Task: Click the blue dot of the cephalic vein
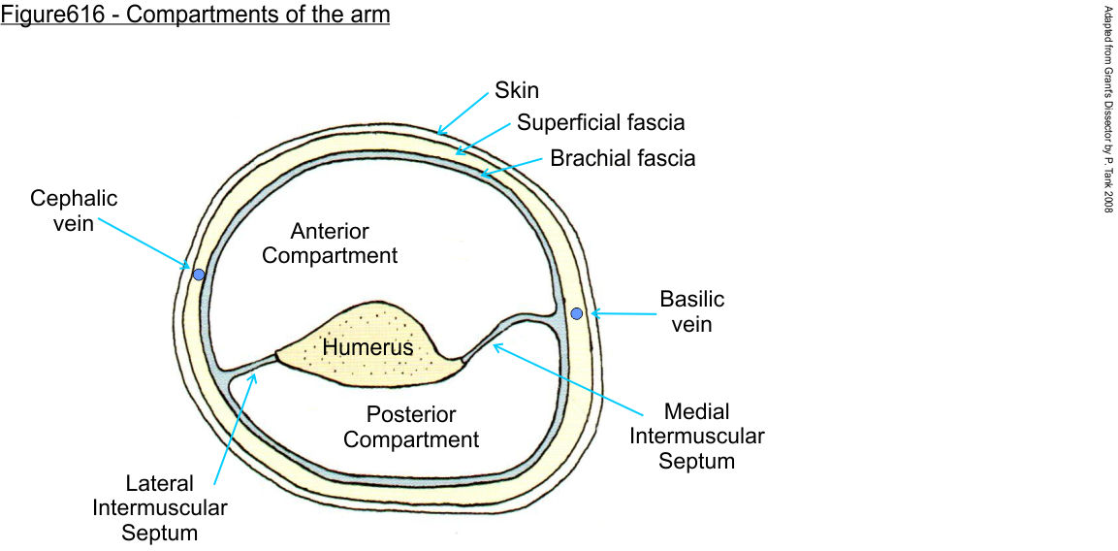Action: (199, 275)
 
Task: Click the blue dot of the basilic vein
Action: (576, 313)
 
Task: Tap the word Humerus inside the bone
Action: (367, 347)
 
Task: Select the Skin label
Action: (517, 90)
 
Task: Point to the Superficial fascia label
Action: (600, 123)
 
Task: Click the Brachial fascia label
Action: (623, 157)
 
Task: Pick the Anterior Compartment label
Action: (330, 243)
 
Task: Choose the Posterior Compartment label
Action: (411, 427)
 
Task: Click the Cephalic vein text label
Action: (74, 211)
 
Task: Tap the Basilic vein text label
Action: (691, 311)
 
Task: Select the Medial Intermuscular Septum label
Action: (696, 436)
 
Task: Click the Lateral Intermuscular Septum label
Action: (160, 507)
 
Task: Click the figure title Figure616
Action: (195, 16)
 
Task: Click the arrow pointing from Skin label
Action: (463, 113)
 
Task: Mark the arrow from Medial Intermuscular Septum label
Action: (562, 378)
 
